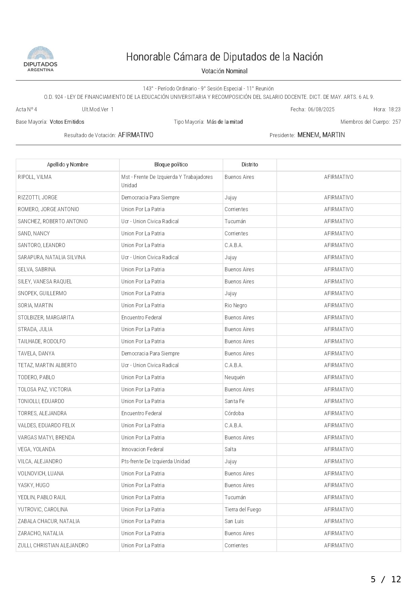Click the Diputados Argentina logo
40,59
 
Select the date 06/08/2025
321,109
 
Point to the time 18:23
394,109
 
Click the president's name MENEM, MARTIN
321,135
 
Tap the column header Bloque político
171,165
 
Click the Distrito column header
250,165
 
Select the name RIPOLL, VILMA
35,177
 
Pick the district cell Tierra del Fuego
243,509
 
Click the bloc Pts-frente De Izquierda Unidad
155,461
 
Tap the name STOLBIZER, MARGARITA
46,317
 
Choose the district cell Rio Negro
236,305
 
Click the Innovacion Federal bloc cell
142,449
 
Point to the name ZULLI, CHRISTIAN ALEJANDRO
53,545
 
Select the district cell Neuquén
235,377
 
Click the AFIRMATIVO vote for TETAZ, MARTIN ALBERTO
339,365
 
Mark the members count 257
396,122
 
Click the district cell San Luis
234,521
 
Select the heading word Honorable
148,57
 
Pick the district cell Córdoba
234,413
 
